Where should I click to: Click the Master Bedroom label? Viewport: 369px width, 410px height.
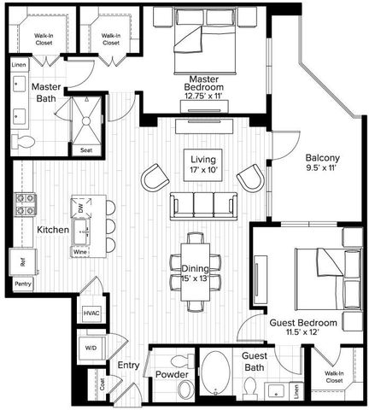click(x=204, y=83)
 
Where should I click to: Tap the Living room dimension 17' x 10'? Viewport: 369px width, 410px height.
click(x=203, y=171)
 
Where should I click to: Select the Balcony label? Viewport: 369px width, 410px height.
click(x=324, y=157)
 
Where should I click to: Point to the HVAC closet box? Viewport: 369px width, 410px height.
click(x=91, y=314)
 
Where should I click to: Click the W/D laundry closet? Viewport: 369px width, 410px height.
click(x=91, y=348)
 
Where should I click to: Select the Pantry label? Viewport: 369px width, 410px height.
click(x=22, y=284)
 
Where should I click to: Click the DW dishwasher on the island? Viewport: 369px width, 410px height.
click(x=80, y=208)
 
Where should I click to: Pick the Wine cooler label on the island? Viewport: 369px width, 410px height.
click(x=80, y=252)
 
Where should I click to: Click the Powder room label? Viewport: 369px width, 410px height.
click(x=172, y=375)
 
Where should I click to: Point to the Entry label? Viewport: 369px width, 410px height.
click(x=129, y=366)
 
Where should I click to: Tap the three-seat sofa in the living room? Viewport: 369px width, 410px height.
click(x=203, y=205)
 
